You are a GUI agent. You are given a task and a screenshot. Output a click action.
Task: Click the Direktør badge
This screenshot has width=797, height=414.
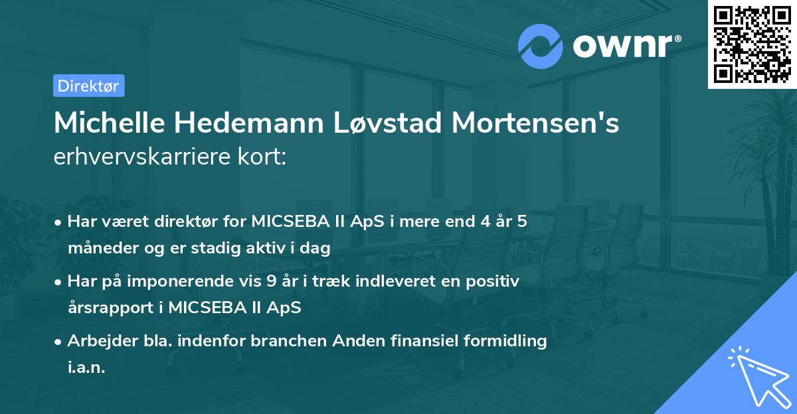[x=88, y=85]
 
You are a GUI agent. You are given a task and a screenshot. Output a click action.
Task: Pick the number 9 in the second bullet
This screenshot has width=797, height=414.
[x=270, y=281]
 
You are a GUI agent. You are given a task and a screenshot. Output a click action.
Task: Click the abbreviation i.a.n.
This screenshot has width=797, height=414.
[x=86, y=367]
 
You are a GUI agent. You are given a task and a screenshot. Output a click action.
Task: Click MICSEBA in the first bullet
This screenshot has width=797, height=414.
[x=286, y=221]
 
